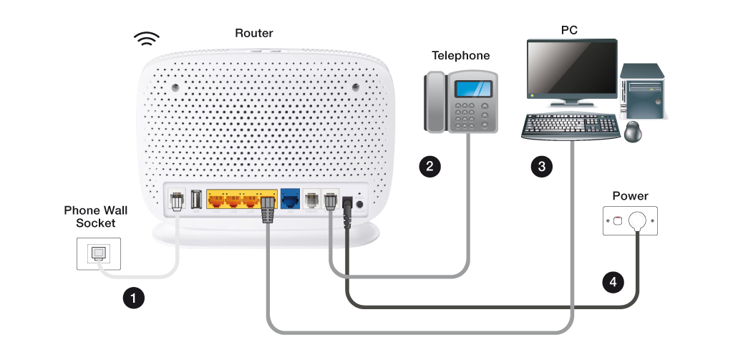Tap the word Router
click(x=254, y=33)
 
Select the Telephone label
click(x=461, y=55)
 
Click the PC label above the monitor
click(x=569, y=30)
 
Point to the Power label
click(x=630, y=196)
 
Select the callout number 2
click(x=429, y=167)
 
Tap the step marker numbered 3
click(x=541, y=167)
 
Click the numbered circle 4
click(x=611, y=282)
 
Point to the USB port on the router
click(x=196, y=200)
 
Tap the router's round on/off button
click(x=359, y=205)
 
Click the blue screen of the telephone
click(x=475, y=89)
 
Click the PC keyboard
click(x=571, y=126)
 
